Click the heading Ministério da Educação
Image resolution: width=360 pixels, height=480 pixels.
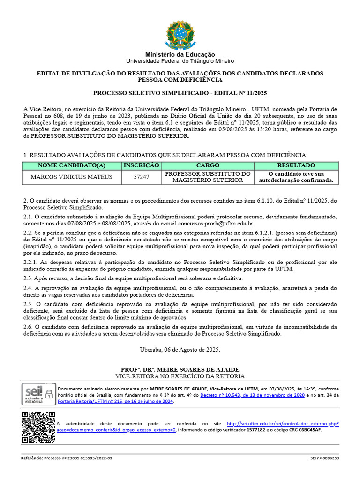click(180, 55)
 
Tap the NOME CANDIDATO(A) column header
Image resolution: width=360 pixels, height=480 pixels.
click(72, 165)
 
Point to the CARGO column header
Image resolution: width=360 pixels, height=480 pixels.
click(208, 165)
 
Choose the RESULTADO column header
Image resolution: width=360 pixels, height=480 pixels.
click(296, 165)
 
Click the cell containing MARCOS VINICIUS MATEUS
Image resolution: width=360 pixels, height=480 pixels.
click(72, 177)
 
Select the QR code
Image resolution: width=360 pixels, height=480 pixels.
click(39, 427)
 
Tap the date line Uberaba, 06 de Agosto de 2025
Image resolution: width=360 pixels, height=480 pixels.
click(180, 350)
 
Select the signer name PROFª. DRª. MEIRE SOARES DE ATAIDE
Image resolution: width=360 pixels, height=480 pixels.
click(180, 369)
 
